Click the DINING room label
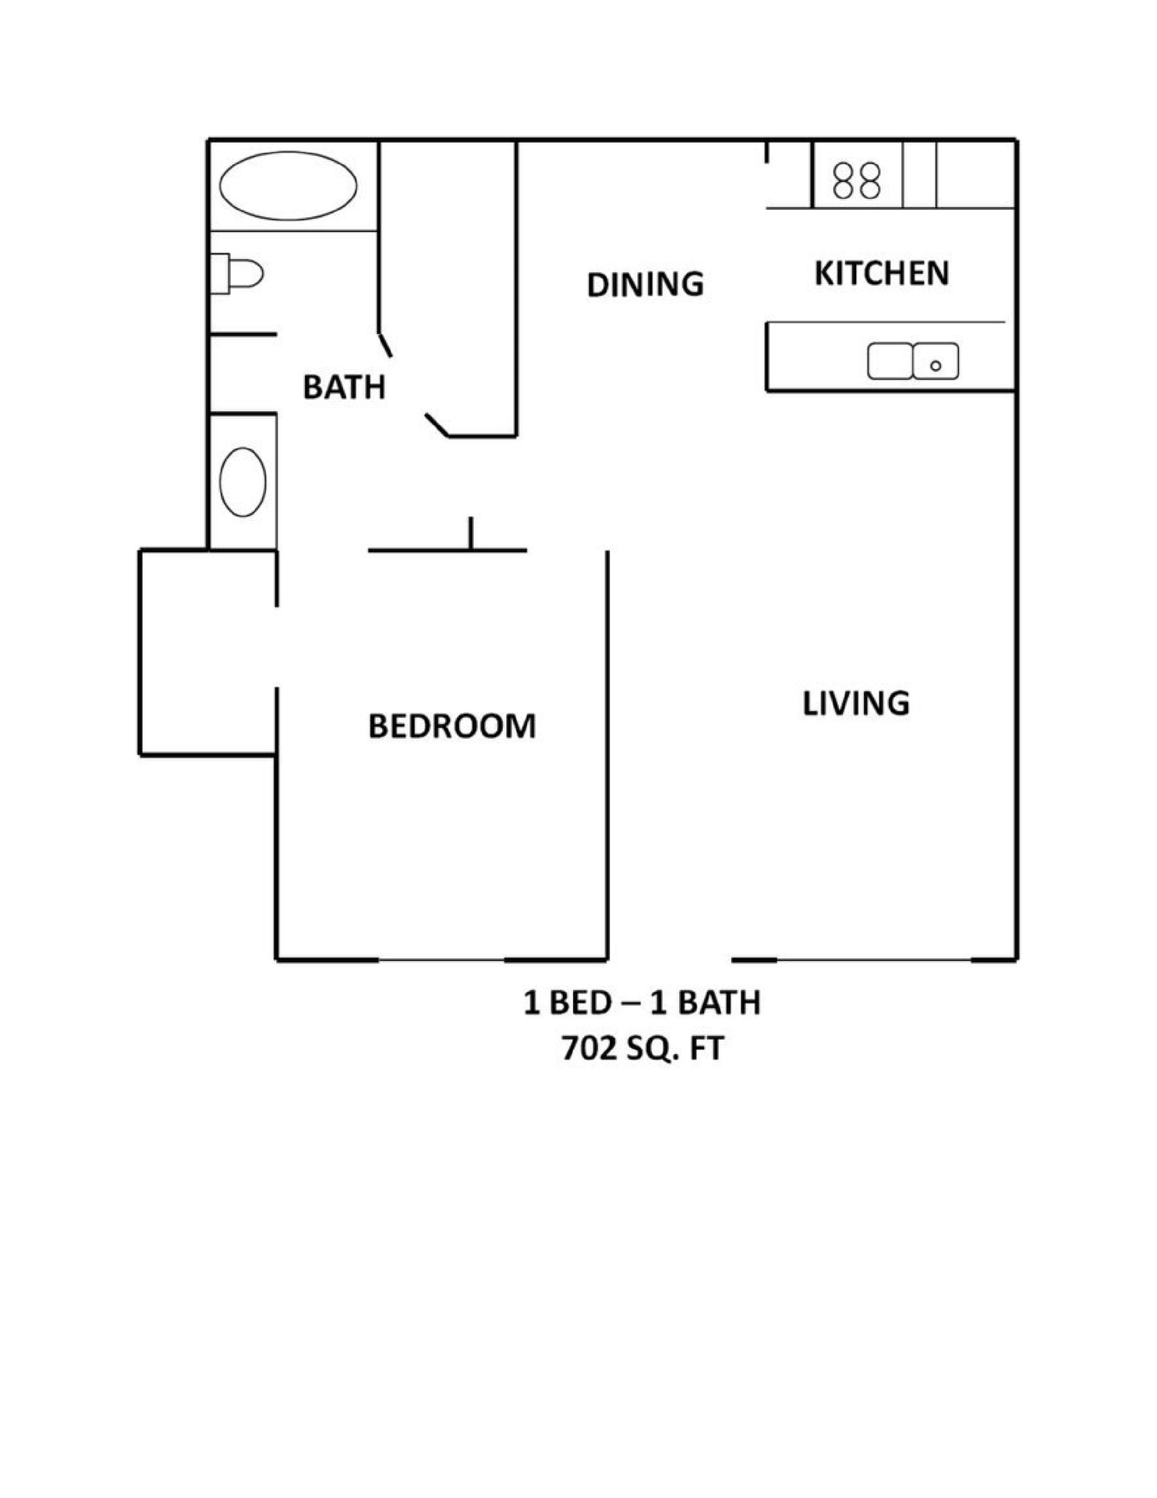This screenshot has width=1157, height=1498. point(645,284)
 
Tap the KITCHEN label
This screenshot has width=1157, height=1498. point(882,273)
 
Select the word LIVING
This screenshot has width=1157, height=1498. point(856,703)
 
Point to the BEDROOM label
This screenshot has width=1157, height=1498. point(451,726)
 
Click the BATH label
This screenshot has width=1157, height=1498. point(344,387)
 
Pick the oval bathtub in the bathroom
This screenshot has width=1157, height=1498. point(288,186)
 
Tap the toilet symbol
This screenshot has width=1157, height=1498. point(239,274)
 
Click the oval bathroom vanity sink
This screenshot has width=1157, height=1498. point(242,481)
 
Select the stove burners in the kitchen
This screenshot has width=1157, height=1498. point(857,180)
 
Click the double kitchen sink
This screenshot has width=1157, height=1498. point(913,361)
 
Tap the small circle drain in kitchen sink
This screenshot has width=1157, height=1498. point(936,365)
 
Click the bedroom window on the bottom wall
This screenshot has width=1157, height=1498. point(441,960)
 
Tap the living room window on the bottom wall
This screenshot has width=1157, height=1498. point(873,960)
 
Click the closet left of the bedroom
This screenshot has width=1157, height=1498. point(207,652)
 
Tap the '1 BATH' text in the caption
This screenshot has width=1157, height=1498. point(706,1003)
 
